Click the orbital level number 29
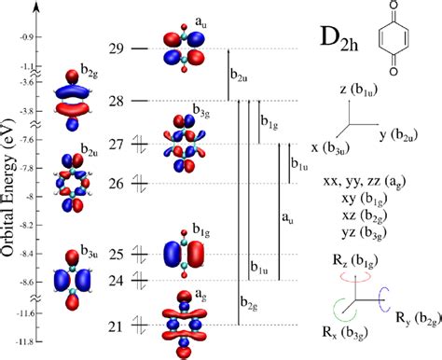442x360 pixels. coord(116,48)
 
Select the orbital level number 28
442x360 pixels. coord(116,101)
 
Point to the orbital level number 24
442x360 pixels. coord(116,279)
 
